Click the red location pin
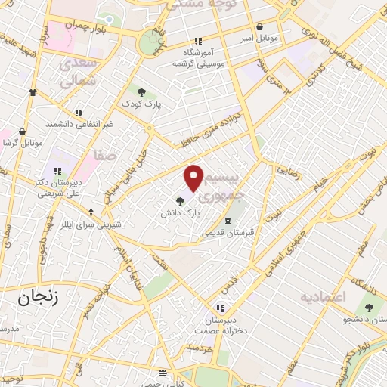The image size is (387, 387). click(x=194, y=177)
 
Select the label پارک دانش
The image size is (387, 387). click(x=179, y=214)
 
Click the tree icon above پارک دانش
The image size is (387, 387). click(x=179, y=201)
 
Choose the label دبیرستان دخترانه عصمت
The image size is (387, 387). click(x=220, y=325)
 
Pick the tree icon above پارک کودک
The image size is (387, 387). click(x=141, y=92)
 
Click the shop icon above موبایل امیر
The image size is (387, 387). click(x=260, y=26)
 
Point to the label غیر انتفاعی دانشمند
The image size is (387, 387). click(x=79, y=122)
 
